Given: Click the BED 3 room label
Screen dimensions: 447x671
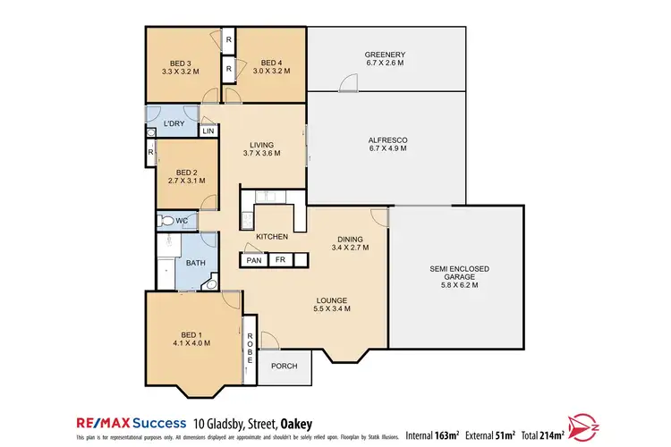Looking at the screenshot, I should [x=181, y=63].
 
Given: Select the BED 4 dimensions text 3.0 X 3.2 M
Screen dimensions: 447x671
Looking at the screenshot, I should [x=271, y=72].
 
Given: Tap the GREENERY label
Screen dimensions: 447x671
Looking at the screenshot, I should [x=385, y=55].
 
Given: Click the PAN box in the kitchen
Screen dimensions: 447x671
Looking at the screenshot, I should [x=254, y=261].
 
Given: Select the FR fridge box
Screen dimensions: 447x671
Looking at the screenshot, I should [x=279, y=261].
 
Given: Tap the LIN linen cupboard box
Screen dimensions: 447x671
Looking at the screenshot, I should [x=208, y=131].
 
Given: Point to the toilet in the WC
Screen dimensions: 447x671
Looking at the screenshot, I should [x=165, y=220].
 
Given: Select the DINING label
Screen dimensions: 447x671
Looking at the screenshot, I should [x=350, y=239].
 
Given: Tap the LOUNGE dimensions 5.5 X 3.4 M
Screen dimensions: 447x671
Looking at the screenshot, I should [x=331, y=308].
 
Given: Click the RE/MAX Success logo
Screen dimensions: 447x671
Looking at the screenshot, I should [x=126, y=422].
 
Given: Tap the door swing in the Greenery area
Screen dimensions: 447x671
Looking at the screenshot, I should [x=348, y=82].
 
